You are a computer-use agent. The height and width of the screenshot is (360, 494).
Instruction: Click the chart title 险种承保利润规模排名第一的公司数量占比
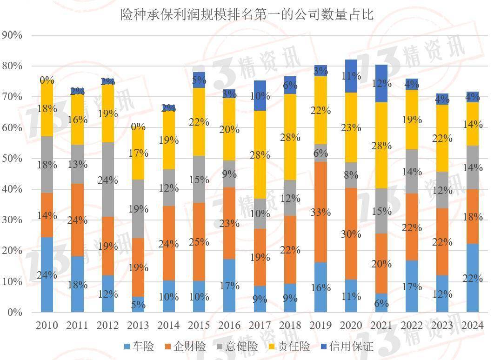[247, 14]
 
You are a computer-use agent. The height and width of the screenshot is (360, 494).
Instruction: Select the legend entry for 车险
[139, 346]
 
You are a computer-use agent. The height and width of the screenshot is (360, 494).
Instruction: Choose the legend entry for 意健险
[237, 346]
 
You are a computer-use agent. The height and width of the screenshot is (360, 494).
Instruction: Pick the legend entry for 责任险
[289, 346]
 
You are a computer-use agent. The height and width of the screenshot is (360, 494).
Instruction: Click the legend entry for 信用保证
[346, 346]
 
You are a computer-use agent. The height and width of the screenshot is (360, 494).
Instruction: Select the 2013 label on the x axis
[138, 325]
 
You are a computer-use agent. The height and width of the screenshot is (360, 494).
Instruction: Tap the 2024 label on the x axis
[472, 325]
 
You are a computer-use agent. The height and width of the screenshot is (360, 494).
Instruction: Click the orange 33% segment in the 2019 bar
[320, 212]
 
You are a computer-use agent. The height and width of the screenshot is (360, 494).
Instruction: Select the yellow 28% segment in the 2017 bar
[260, 155]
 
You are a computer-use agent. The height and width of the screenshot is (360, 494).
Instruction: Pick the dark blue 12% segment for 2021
[381, 83]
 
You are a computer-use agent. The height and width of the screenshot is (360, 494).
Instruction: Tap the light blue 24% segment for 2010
[47, 274]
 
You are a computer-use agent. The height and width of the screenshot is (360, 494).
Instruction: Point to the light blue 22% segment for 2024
[472, 278]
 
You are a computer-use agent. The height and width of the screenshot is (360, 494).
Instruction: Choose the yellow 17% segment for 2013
[138, 153]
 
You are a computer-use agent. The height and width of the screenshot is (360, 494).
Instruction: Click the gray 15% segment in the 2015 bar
[199, 179]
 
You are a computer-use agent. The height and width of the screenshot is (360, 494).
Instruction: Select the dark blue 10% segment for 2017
[260, 96]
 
